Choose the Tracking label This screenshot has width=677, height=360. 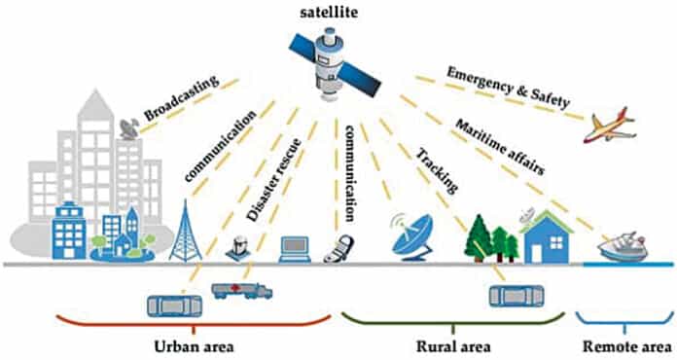435,171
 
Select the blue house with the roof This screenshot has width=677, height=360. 548,236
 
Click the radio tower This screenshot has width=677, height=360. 184,231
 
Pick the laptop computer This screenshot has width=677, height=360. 294,247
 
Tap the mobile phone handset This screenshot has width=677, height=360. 334,248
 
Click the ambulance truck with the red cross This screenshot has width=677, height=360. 241,289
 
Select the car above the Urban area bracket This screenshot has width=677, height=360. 174,305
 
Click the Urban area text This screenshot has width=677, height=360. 192,346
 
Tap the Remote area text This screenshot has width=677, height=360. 623,346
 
